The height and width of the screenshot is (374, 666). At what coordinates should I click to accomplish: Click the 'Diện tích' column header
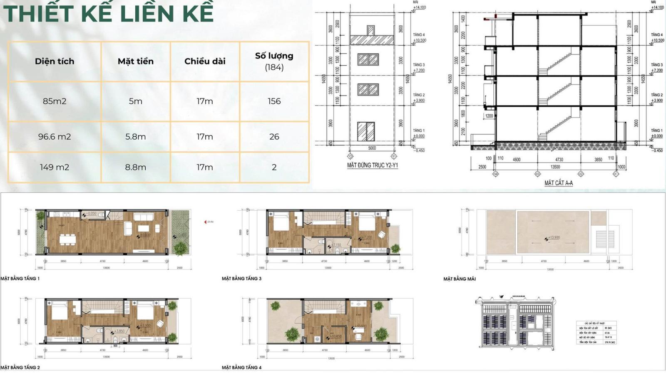(55, 61)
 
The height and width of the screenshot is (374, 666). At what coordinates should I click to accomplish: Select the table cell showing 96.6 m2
(55, 137)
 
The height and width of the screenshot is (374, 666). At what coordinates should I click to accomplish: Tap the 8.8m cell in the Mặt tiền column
(136, 167)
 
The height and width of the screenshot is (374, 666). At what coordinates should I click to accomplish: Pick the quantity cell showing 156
(274, 101)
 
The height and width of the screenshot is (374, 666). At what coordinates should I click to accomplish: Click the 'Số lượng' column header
(274, 61)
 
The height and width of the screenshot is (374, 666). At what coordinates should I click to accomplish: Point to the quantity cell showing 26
(274, 137)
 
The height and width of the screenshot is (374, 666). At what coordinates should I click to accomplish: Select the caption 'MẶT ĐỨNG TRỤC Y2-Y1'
(373, 165)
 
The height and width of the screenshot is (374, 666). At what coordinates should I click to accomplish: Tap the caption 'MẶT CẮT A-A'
(558, 183)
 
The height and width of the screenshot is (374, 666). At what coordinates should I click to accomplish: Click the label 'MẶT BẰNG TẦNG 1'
(20, 278)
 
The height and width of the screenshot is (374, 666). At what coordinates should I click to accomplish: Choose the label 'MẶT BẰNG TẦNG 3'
(241, 278)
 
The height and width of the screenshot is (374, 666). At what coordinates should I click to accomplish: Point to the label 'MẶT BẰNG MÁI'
(460, 279)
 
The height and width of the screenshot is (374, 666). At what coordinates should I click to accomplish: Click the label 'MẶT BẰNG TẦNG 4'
(241, 367)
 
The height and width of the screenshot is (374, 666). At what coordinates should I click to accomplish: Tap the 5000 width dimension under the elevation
(372, 148)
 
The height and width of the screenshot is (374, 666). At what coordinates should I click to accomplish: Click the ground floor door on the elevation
(365, 131)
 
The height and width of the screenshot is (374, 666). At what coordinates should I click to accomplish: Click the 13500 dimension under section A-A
(555, 167)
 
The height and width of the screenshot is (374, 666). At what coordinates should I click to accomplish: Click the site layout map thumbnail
(516, 322)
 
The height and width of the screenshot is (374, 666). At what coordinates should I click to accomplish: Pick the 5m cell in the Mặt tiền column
(136, 101)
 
